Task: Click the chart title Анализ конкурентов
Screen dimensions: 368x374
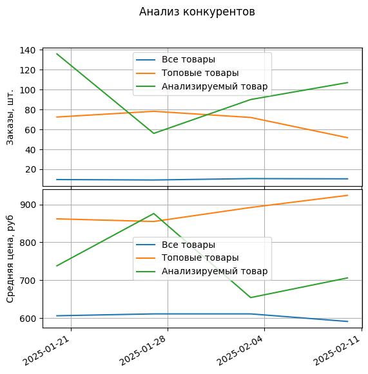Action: click(x=197, y=12)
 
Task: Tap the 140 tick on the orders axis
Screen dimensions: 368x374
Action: click(x=28, y=50)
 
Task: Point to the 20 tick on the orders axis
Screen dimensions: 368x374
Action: click(x=30, y=169)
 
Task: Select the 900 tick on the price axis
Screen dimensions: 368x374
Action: click(x=28, y=205)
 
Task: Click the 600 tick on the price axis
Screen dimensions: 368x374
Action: click(x=28, y=319)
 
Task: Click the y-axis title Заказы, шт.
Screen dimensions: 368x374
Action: click(x=10, y=117)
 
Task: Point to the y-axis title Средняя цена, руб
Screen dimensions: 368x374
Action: click(x=10, y=259)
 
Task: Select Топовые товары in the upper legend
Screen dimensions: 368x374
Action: click(x=200, y=73)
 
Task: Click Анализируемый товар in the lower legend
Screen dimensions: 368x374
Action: click(x=215, y=271)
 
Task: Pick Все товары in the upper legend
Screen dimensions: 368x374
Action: click(x=188, y=59)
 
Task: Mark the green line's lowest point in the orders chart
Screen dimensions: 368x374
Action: click(x=153, y=133)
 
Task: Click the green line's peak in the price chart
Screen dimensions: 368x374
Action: click(x=153, y=214)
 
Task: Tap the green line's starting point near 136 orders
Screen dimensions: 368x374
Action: click(x=57, y=54)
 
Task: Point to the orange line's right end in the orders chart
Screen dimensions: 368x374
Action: click(x=347, y=138)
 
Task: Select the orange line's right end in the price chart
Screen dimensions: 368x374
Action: click(x=347, y=195)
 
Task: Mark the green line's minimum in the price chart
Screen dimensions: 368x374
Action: click(x=251, y=297)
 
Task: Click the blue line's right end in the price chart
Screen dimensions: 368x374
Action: click(x=347, y=321)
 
